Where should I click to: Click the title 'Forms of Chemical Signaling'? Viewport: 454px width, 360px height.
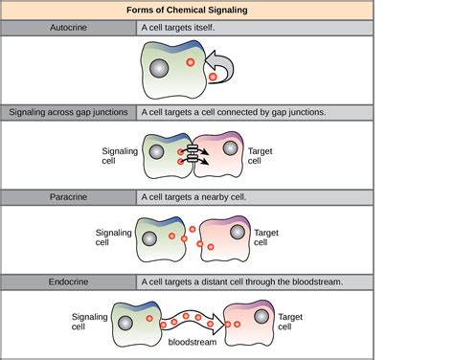(x=227, y=11)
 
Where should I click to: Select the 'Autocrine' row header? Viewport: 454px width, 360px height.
(x=69, y=29)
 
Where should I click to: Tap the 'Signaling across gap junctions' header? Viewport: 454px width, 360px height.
(x=69, y=112)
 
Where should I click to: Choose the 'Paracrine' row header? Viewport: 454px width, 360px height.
(x=69, y=195)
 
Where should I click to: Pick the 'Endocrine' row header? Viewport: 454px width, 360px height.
(x=69, y=281)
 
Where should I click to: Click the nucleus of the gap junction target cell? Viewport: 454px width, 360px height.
(x=229, y=148)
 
